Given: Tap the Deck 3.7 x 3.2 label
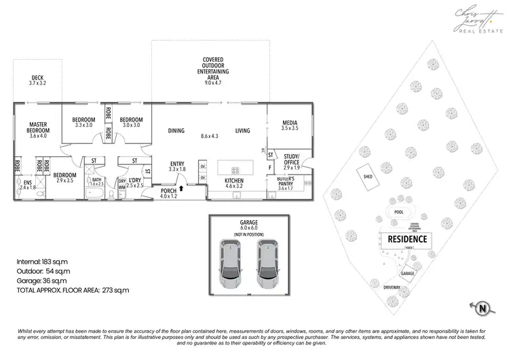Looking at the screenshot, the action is pyautogui.click(x=37, y=79).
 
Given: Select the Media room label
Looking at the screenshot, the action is pyautogui.click(x=290, y=125).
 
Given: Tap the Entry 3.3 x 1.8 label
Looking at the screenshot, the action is pyautogui.click(x=176, y=166).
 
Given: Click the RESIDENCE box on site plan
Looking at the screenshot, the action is pyautogui.click(x=407, y=239).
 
